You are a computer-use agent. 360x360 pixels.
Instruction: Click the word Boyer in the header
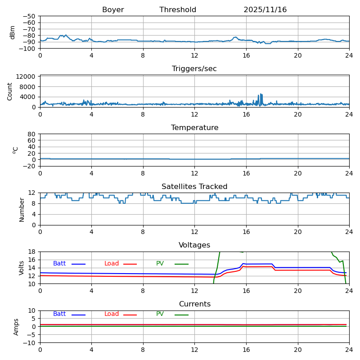[113, 10]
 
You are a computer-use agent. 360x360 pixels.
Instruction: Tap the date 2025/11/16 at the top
[265, 10]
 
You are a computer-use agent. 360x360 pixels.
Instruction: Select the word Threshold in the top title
[178, 10]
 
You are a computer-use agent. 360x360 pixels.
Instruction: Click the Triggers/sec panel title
[194, 69]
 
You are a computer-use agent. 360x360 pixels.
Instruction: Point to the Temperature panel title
[194, 128]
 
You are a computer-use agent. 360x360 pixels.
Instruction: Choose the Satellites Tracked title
[194, 187]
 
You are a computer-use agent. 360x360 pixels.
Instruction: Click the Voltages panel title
[194, 245]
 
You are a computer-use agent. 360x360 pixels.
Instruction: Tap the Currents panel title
[194, 304]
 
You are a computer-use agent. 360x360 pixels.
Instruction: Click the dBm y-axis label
[13, 32]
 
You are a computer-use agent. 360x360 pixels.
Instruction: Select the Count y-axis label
[10, 91]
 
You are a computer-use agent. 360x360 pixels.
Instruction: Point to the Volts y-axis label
[22, 268]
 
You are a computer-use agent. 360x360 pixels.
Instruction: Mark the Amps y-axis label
[17, 327]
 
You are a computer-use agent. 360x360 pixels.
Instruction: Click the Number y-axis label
[22, 209]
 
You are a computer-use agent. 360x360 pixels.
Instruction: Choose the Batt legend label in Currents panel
[59, 314]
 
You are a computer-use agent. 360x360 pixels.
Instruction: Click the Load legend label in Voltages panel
[112, 264]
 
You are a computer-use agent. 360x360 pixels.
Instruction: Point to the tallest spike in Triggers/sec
[261, 94]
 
